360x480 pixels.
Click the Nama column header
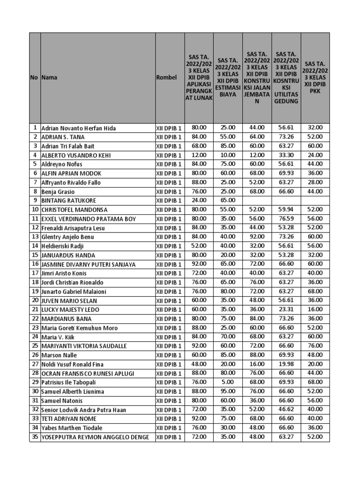pyautogui.click(x=50, y=77)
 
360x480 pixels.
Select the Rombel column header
pyautogui.click(x=166, y=77)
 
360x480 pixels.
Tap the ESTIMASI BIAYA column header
pyautogui.click(x=228, y=77)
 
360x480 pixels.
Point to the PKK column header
pyautogui.click(x=315, y=77)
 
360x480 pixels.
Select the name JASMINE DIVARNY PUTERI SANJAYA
pyautogui.click(x=88, y=264)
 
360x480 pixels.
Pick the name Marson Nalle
pyautogui.click(x=59, y=355)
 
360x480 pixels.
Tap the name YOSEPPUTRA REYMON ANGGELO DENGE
pyautogui.click(x=95, y=437)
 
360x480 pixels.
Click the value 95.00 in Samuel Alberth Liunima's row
pyautogui.click(x=228, y=391)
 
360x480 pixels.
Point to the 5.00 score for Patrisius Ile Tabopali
pyautogui.click(x=228, y=382)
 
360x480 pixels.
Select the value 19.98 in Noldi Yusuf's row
pyautogui.click(x=286, y=364)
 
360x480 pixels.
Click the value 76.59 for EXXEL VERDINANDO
pyautogui.click(x=286, y=219)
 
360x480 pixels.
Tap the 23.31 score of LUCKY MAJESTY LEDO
pyautogui.click(x=286, y=310)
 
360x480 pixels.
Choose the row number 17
pyautogui.click(x=35, y=273)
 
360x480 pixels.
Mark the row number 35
pyautogui.click(x=35, y=437)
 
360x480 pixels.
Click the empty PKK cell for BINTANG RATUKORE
pyautogui.click(x=315, y=201)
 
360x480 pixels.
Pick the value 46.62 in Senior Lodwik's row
pyautogui.click(x=286, y=410)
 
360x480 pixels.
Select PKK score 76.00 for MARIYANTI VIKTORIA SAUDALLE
pyautogui.click(x=315, y=346)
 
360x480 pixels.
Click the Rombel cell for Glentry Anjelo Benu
pyautogui.click(x=169, y=237)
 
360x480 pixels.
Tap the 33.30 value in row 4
pyautogui.click(x=286, y=155)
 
